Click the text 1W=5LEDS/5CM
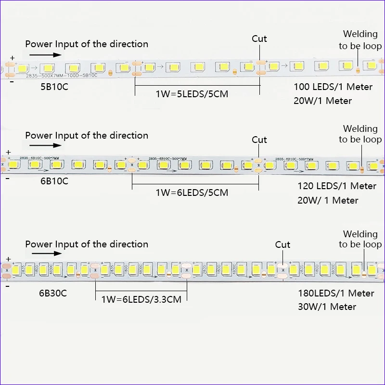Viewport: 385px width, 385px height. pos(192,94)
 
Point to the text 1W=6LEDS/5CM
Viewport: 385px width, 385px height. pos(192,192)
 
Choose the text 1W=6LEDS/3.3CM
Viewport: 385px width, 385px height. pos(141,299)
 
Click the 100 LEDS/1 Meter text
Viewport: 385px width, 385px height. pos(333,87)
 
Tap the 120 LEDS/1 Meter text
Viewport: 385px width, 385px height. pos(337,186)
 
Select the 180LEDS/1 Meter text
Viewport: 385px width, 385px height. pos(336,293)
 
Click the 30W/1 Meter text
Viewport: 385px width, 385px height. pos(327,307)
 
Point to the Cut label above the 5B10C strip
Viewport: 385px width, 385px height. pos(259,38)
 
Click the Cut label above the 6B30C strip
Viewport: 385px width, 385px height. pos(282,244)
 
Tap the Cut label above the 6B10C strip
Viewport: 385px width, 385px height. pos(259,140)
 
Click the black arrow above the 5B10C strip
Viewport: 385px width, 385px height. pos(51,54)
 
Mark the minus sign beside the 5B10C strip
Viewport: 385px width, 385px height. pos(12,81)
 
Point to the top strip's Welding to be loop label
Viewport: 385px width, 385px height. pos(360,40)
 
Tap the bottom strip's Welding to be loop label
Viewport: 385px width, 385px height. pos(360,239)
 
